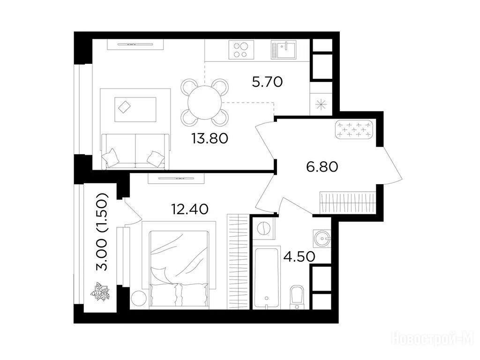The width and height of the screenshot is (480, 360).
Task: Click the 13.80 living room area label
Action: click(210, 138)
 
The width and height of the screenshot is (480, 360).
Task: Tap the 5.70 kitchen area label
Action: click(267, 82)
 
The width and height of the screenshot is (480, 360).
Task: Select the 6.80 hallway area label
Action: click(322, 167)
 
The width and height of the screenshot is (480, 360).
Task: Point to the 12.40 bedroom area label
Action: click(190, 209)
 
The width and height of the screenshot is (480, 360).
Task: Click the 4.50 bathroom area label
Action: click(299, 256)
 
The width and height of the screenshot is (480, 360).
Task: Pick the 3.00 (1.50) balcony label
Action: click(102, 232)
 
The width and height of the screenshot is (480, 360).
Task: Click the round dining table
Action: click(205, 103)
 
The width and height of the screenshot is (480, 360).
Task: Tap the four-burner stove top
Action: click(241, 50)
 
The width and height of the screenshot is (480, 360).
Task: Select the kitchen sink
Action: click(284, 50)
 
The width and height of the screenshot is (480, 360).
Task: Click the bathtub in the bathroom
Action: click(267, 277)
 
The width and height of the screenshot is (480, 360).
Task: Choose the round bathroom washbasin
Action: click(322, 238)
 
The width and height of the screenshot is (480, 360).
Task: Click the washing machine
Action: click(263, 228)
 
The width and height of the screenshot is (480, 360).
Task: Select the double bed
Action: click(179, 269)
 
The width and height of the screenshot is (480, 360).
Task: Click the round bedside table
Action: click(138, 298)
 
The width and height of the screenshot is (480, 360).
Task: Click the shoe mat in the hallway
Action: click(354, 130)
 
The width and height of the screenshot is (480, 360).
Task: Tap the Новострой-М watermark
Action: click(433, 340)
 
